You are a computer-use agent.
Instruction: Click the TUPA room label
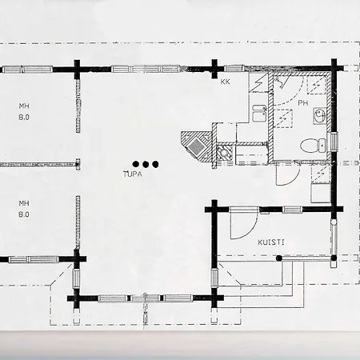point(133,174)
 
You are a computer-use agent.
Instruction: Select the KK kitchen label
point(226,82)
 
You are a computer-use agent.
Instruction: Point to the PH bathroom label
point(303,103)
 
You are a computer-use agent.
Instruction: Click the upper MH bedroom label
point(24,106)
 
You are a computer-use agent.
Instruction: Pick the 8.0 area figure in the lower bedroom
point(24,214)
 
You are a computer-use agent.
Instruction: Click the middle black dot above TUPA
point(146,164)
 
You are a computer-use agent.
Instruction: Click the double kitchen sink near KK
point(259,113)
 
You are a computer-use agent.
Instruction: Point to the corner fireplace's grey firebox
point(196,146)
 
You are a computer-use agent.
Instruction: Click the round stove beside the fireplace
point(223,153)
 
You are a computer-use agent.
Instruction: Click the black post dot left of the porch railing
point(279,258)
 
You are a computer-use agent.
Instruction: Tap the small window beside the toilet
point(334,142)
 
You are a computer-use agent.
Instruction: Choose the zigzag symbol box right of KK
point(258,82)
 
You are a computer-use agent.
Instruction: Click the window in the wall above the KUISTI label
point(292,210)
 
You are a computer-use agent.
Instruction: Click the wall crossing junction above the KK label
point(214,69)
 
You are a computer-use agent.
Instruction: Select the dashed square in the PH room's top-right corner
point(316,85)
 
